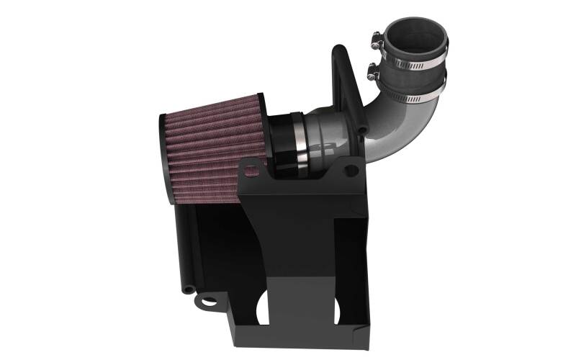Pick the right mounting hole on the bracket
pyautogui.click(x=351, y=171)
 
